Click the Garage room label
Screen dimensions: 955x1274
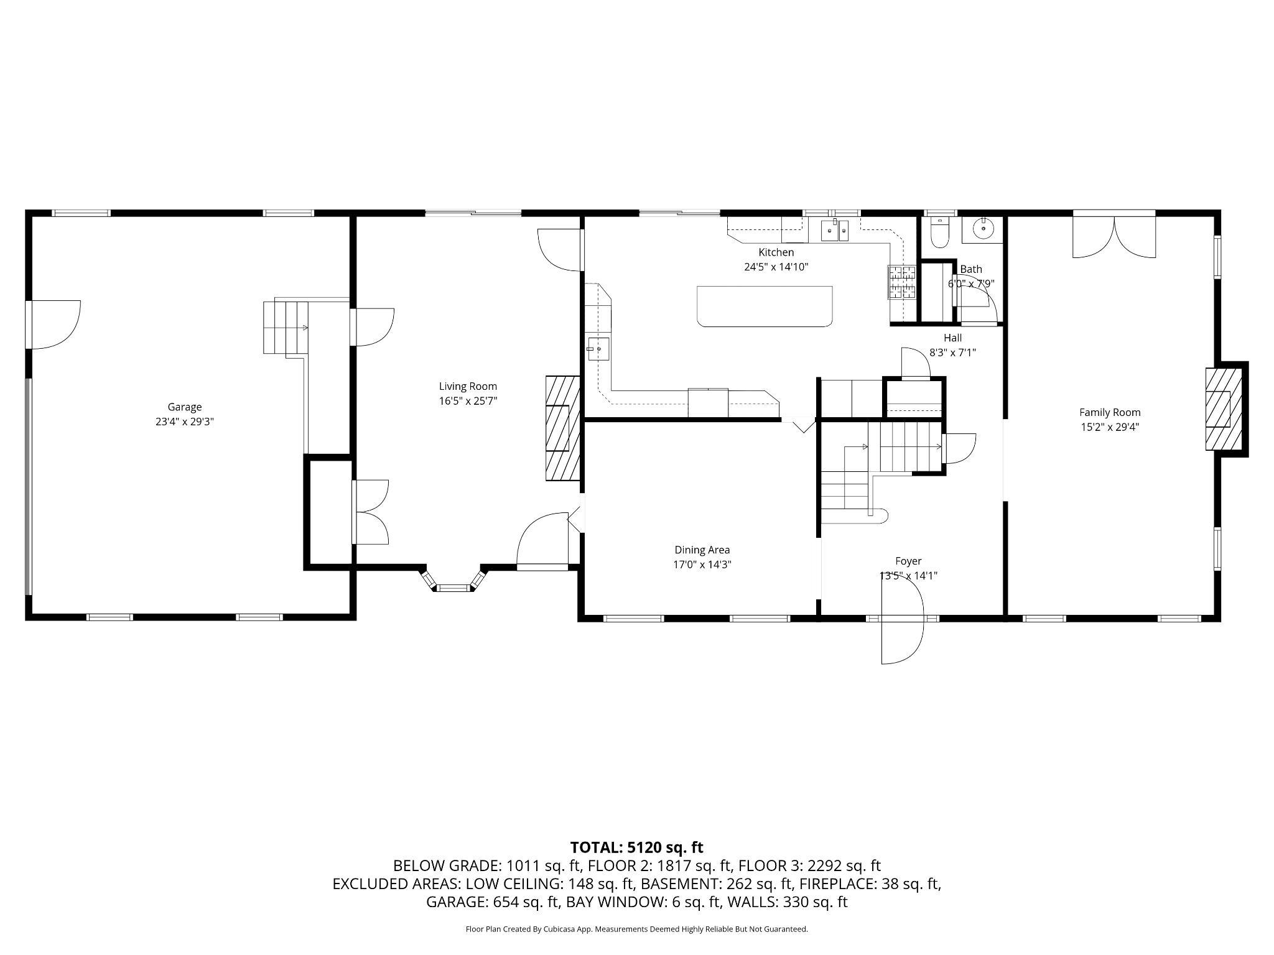(x=184, y=407)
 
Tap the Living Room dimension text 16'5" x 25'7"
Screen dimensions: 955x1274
(x=468, y=401)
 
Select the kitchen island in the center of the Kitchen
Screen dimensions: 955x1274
(x=765, y=306)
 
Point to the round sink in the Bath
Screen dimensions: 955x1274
(x=983, y=229)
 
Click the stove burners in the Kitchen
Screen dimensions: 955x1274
(x=901, y=282)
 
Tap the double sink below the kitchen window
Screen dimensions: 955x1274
(x=835, y=231)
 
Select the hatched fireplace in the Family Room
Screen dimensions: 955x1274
(x=1224, y=409)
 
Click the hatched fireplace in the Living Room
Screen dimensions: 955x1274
(x=562, y=428)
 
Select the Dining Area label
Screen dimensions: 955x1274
(x=702, y=550)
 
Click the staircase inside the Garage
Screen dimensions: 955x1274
(x=286, y=328)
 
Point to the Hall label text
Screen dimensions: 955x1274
(x=952, y=338)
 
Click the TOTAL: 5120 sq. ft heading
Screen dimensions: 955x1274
(x=636, y=847)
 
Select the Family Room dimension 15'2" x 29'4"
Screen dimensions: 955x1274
(x=1110, y=427)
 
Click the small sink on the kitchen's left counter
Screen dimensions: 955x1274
(x=598, y=349)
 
